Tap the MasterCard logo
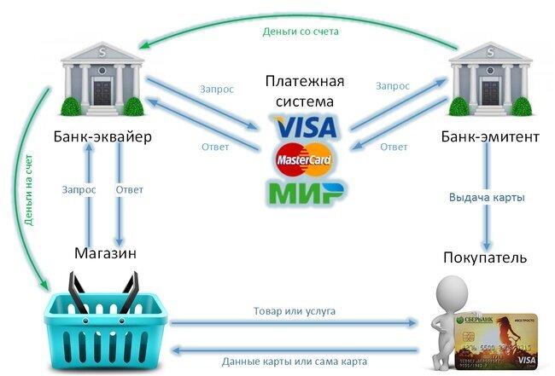pos(305,159)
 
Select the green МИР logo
pos(307,190)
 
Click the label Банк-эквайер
pos(102,137)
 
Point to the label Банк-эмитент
pos(489,137)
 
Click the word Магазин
pos(105,253)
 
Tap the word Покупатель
pos(484,257)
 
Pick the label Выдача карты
pos(487,197)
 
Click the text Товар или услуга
pos(295,311)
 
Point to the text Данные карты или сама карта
pos(295,360)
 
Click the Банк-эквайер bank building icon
pos(102,78)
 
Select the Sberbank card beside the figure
pos(501,333)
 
